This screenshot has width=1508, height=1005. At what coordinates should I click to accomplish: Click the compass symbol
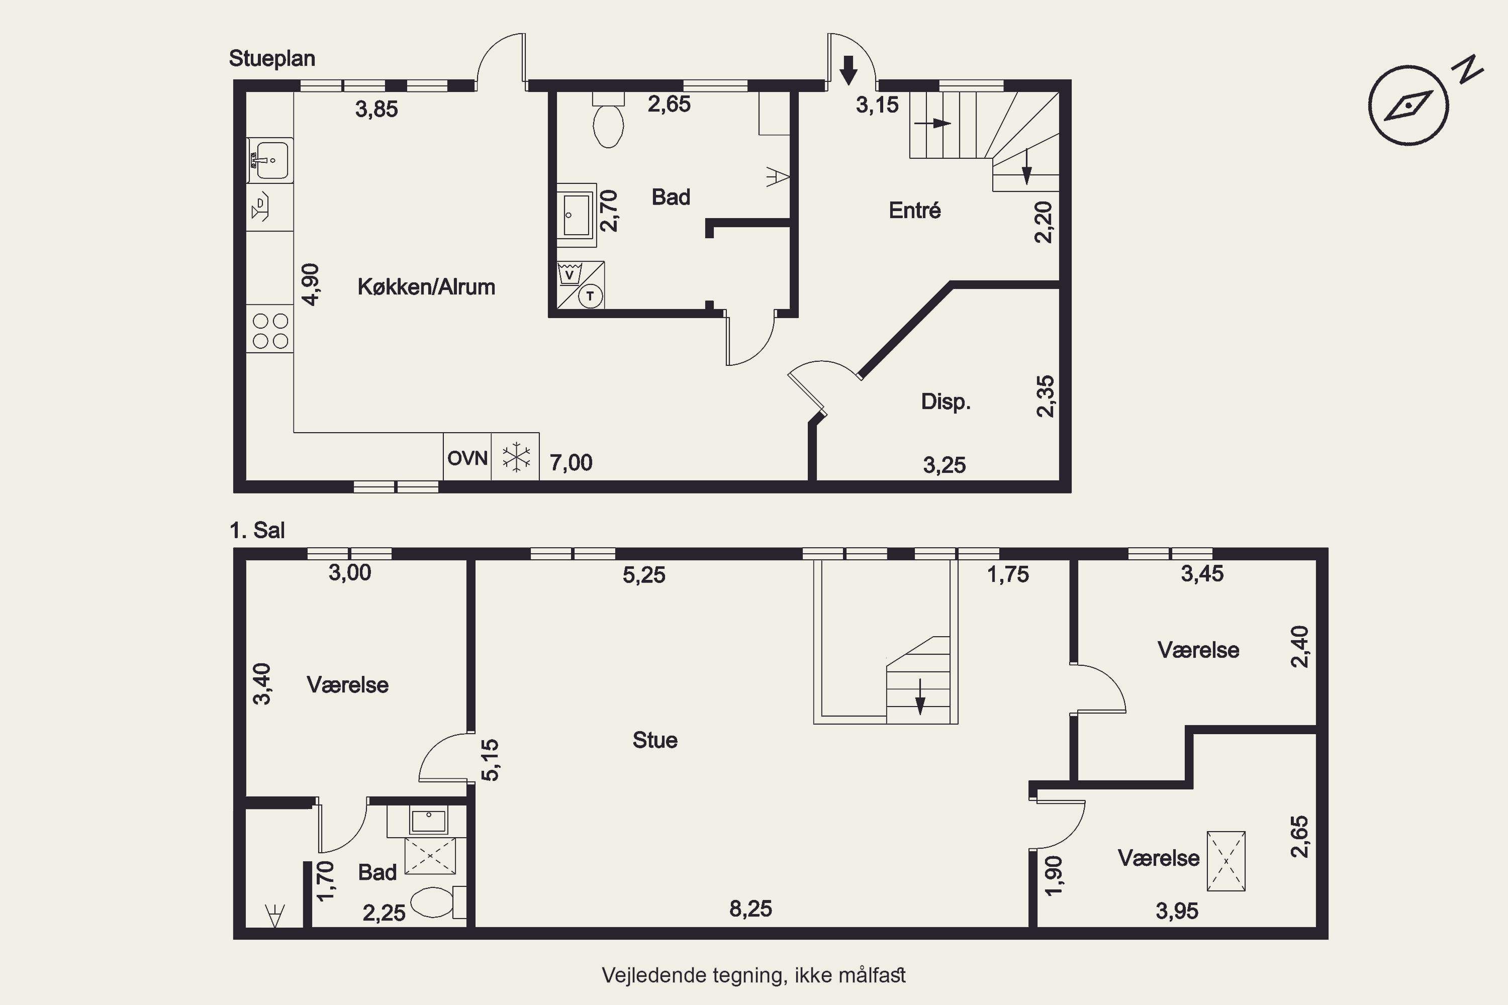[1408, 105]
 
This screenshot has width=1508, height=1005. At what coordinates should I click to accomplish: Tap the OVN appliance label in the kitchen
[467, 458]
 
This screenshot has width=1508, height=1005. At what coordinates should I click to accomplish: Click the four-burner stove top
[270, 331]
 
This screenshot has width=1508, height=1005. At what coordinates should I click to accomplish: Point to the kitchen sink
[270, 160]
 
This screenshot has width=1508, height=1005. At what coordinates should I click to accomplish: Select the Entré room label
[914, 210]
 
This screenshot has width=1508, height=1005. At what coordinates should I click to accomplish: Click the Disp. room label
[946, 402]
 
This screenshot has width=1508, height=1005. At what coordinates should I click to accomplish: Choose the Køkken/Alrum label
[426, 286]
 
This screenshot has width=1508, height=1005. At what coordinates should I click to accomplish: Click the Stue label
[654, 740]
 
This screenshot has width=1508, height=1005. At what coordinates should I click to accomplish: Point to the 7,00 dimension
[571, 462]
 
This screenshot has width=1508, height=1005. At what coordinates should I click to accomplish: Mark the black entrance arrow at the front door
[849, 70]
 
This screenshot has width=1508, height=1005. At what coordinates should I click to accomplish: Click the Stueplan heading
[272, 58]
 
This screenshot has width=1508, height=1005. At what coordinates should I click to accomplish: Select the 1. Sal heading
[257, 530]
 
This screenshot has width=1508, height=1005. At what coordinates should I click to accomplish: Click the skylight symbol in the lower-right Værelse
[1226, 861]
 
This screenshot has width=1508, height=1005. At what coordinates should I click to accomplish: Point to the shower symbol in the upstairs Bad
[430, 856]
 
